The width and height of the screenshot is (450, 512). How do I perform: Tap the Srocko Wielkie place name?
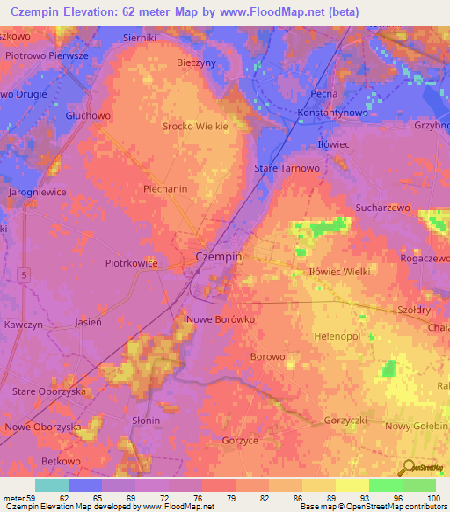[195, 126]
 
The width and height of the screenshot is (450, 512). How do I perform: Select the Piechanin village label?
[165, 188]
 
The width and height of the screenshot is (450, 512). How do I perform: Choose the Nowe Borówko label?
[221, 319]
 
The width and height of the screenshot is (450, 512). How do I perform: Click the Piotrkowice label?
[132, 262]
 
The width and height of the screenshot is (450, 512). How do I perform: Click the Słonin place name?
[145, 421]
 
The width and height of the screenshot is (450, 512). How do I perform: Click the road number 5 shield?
[25, 276]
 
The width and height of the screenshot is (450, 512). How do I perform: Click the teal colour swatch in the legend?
[52, 485]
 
